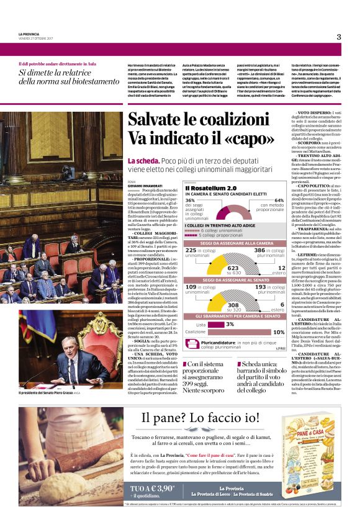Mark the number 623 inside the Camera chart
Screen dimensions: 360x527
233,268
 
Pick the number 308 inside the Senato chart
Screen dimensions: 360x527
233,305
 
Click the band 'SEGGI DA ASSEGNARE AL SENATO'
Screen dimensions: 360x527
235,281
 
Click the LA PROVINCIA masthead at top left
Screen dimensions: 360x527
28,34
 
